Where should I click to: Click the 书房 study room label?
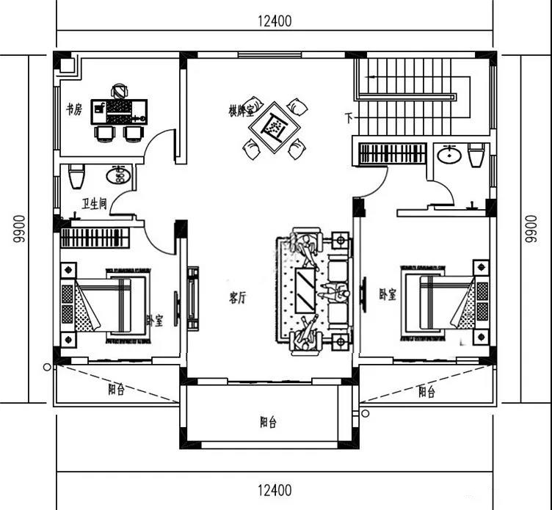coord(74,109)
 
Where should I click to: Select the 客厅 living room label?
coord(238,298)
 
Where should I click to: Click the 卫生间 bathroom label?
coord(95,203)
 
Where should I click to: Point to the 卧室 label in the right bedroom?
coord(388,294)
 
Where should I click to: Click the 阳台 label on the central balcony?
coord(268,422)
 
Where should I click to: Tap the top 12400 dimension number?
coord(275,21)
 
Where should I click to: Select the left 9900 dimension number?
coord(19,229)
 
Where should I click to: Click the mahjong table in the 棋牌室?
coord(275,127)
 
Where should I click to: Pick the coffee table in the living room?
coord(305,291)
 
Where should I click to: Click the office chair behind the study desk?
coord(120,91)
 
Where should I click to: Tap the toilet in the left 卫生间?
coord(76,176)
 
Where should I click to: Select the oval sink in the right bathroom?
coord(449,154)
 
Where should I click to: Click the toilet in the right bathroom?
coord(476,156)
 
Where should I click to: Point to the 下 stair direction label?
coord(349,118)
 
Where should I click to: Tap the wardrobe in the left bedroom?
coord(95,238)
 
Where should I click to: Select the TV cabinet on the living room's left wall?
coord(192,298)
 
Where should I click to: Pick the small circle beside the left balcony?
coord(47,367)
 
